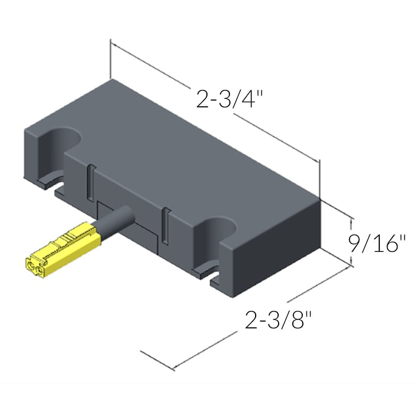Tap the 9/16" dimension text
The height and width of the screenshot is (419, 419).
tap(377, 244)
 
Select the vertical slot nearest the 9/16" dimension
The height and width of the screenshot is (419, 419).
tap(165, 225)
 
